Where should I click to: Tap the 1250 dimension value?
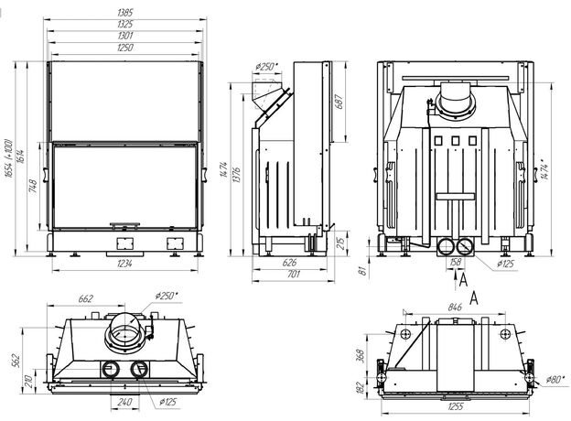(124, 47)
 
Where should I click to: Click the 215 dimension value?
(341, 243)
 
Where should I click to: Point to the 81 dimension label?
(362, 269)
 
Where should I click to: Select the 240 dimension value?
(125, 401)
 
